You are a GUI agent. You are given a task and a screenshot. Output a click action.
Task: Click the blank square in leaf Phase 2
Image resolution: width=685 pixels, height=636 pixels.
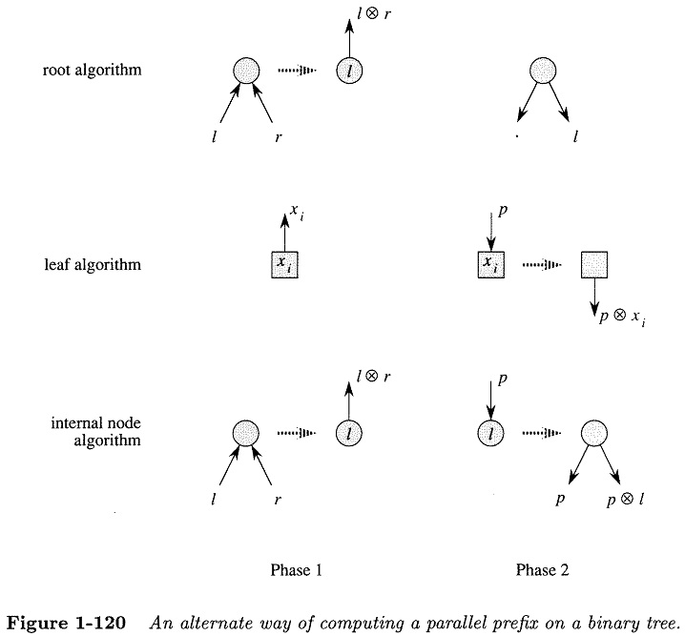click(594, 265)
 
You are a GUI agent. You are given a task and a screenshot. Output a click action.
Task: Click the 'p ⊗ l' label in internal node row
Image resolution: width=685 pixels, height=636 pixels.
click(625, 499)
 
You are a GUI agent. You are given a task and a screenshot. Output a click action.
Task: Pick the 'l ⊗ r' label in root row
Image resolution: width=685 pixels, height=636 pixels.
click(374, 13)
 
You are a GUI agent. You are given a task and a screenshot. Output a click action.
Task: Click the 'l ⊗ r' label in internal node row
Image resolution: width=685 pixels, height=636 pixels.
click(374, 378)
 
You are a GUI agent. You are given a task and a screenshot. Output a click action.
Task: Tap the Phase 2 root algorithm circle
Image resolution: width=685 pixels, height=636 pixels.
click(543, 71)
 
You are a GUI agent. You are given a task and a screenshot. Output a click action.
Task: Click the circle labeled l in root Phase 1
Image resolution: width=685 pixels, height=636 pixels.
click(349, 71)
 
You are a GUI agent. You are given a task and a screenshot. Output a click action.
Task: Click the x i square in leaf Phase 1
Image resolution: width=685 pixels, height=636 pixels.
click(286, 265)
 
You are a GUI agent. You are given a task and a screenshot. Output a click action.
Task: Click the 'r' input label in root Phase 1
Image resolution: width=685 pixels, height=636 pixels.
click(279, 137)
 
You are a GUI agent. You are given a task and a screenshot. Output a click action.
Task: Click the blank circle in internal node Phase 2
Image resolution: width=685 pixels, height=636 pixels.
click(594, 435)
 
